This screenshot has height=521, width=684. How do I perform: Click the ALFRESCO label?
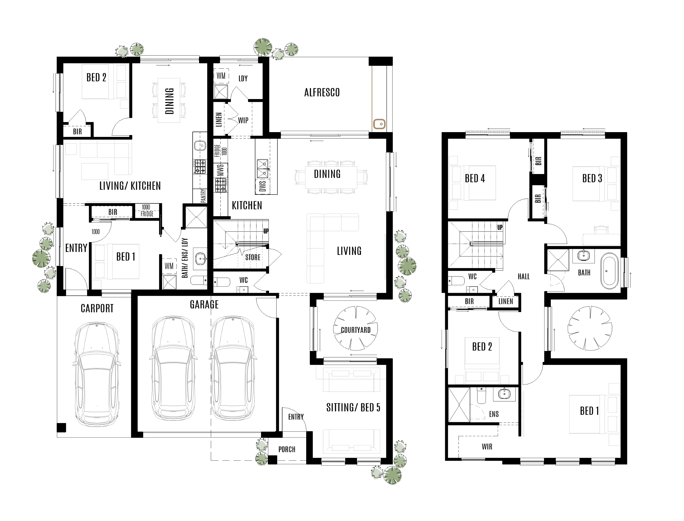coord(322,92)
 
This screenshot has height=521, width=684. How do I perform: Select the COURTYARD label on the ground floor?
coord(356,330)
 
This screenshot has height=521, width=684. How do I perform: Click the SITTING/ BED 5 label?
coord(353,408)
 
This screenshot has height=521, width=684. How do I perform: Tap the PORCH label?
coord(287,449)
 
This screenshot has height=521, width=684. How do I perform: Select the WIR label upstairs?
coord(487,447)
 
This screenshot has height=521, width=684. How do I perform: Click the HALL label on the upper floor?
coord(523,277)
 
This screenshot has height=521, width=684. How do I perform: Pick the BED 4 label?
coord(475,178)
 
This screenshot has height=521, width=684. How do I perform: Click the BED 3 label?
coord(592,178)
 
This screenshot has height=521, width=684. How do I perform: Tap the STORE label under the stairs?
coord(253,257)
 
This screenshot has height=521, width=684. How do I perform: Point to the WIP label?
coord(243,120)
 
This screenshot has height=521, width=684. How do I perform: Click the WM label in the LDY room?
coord(221,76)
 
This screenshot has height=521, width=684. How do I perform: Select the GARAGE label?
coord(204,305)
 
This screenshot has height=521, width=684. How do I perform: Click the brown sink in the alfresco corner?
coord(379,124)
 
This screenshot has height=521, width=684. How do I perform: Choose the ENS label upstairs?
coord(494,414)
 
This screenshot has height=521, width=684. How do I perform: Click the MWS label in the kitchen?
coord(220,170)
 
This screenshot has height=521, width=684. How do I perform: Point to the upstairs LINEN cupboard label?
coord(506,301)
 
